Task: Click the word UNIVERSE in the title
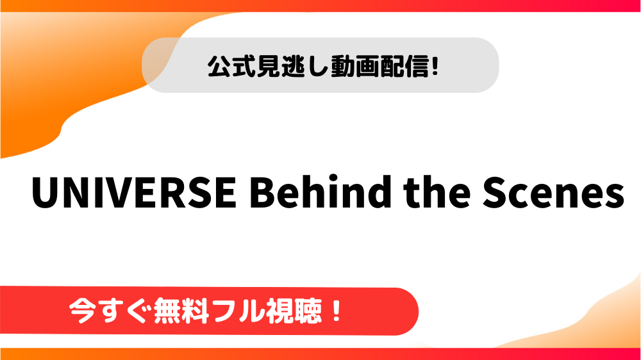[134, 192]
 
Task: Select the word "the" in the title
[437, 192]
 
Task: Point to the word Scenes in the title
[554, 192]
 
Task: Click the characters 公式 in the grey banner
[232, 66]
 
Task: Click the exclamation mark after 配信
[435, 66]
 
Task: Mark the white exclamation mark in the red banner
[337, 311]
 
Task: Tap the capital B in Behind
[262, 192]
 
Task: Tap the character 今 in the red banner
[83, 311]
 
